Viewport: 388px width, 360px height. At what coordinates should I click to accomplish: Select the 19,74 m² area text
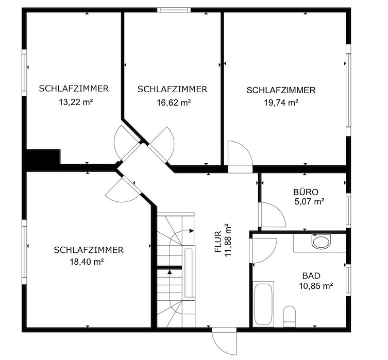pos(281,102)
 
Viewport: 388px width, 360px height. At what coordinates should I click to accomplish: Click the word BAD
pos(311,275)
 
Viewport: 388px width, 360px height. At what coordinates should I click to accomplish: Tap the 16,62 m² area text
pos(174,102)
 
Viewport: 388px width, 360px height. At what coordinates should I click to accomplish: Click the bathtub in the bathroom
pos(263,303)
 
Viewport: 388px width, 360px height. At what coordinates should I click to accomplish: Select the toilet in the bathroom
pos(290,315)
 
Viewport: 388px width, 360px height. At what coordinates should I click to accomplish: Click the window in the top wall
pos(174,9)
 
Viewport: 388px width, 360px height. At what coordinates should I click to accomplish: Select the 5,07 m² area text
pos(309,201)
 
